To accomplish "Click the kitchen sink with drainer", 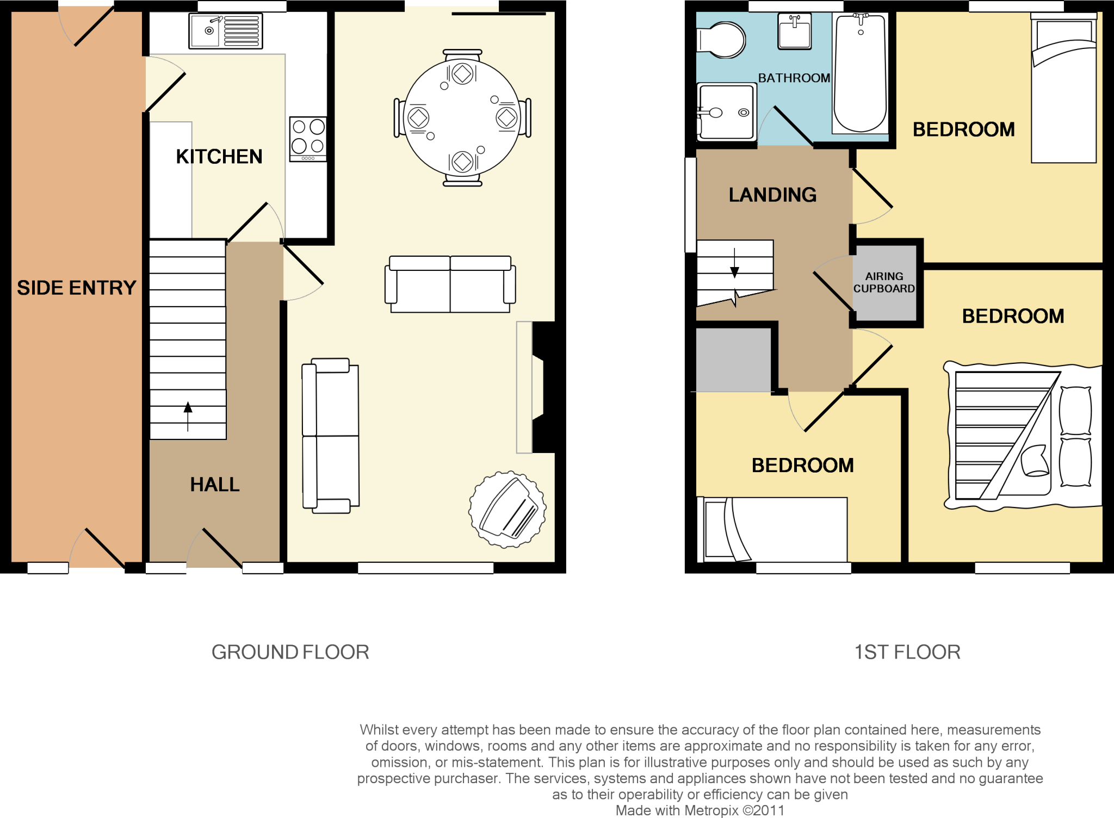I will click(226, 31).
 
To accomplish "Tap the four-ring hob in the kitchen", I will click(308, 138).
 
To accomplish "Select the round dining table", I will click(462, 118).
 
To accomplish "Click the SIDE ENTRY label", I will click(76, 288).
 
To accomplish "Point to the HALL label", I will click(215, 485).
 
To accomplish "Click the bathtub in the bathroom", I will click(860, 73).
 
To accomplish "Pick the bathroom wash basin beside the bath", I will click(795, 31).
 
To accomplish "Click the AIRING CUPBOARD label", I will click(884, 283).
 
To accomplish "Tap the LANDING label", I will click(772, 195).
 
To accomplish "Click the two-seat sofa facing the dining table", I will click(450, 284).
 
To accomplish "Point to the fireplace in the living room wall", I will click(539, 387).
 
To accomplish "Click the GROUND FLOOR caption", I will click(290, 652).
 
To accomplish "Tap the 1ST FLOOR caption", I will click(907, 652).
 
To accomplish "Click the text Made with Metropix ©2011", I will click(700, 810).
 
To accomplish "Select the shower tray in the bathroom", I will click(726, 112).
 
